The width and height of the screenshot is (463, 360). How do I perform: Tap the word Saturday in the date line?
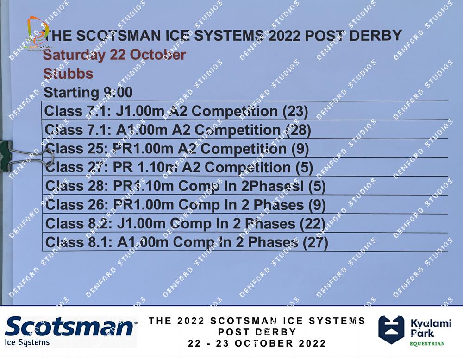74,55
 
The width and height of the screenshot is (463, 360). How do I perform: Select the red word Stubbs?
68,74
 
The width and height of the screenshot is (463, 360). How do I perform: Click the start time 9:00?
118,92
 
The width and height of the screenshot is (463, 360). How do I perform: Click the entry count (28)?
299,130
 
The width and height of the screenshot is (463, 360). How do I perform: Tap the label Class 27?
76,167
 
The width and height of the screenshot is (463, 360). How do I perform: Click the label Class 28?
77,186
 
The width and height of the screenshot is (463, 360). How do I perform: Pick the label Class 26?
77,204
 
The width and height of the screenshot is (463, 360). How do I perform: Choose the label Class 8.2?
79,223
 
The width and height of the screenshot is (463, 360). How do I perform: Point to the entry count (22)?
313,224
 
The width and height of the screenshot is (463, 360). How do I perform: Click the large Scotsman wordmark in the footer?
69,326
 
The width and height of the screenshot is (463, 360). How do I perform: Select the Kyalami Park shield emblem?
391,329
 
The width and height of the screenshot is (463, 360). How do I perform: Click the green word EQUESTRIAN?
427,343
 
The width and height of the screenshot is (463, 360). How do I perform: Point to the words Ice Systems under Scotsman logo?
27,342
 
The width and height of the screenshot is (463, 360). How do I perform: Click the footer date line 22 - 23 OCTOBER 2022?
257,343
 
